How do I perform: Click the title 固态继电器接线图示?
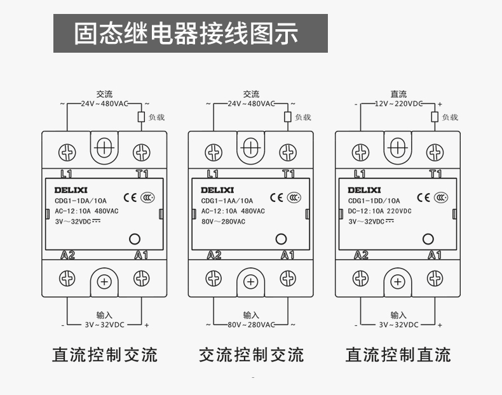pos(186,34)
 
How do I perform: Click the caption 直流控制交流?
pos(104,354)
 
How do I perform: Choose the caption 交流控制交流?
pos(251,354)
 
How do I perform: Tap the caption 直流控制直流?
pos(398,354)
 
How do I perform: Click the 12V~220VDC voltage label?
pos(398,104)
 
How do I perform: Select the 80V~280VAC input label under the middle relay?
pos(251,325)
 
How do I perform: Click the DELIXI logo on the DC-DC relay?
pos(364,189)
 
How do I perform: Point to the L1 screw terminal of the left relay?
pos(67,152)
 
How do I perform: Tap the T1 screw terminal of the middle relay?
pos(288,152)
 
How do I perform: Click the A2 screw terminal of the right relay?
pos(360,278)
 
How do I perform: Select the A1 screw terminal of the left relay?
pos(142,278)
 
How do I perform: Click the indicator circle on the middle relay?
pos(281,239)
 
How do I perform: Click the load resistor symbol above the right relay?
pos(435,117)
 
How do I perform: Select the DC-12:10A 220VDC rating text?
pos(380,211)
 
